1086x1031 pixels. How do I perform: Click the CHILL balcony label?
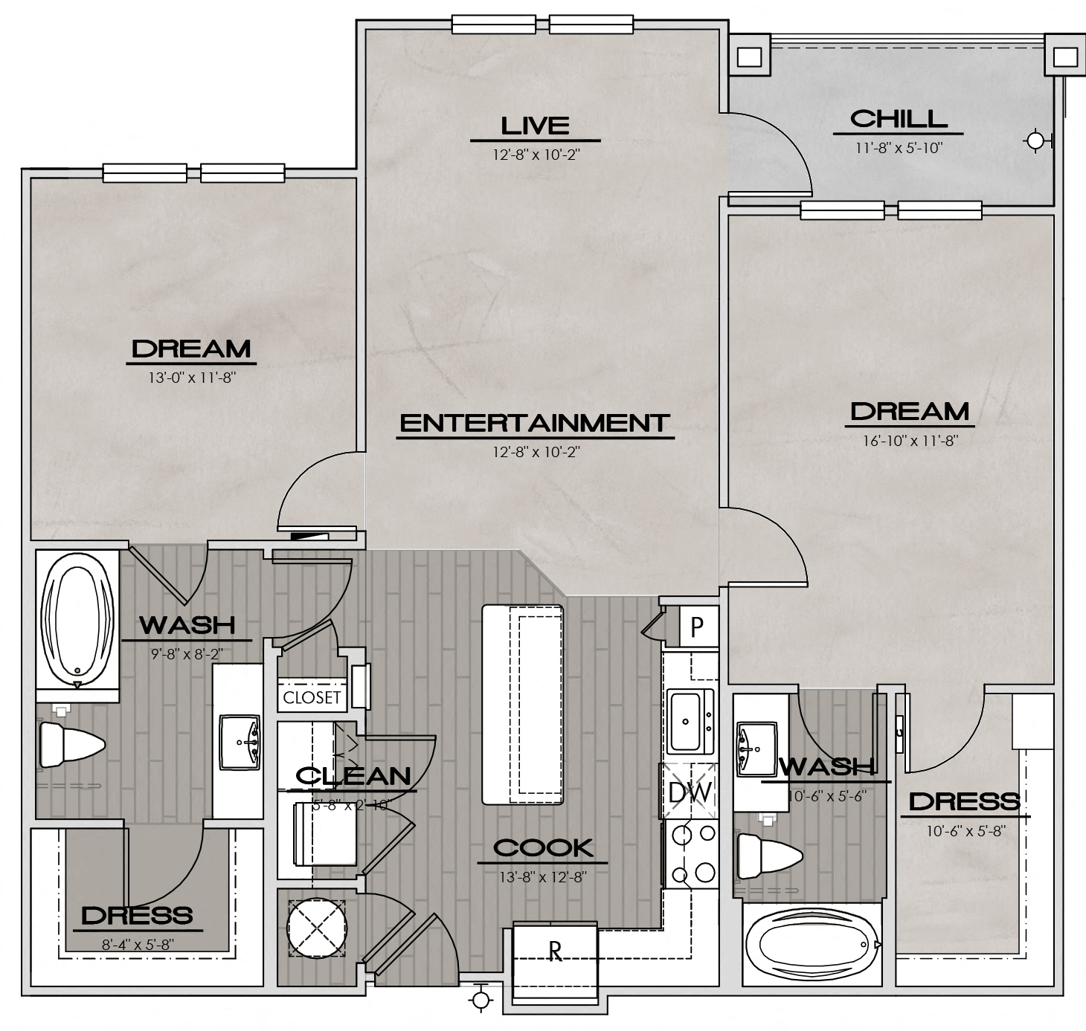[899, 119]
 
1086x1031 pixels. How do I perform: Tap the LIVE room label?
[535, 126]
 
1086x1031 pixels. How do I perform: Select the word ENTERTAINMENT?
[535, 423]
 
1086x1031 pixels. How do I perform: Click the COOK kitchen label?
[543, 847]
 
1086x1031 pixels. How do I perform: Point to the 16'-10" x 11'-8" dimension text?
[910, 441]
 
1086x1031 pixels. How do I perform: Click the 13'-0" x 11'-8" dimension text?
[192, 378]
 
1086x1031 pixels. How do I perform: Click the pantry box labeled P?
[697, 627]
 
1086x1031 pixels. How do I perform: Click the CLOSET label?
[312, 697]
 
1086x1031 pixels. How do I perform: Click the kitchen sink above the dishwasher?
[690, 721]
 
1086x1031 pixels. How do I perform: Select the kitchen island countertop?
[523, 704]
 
